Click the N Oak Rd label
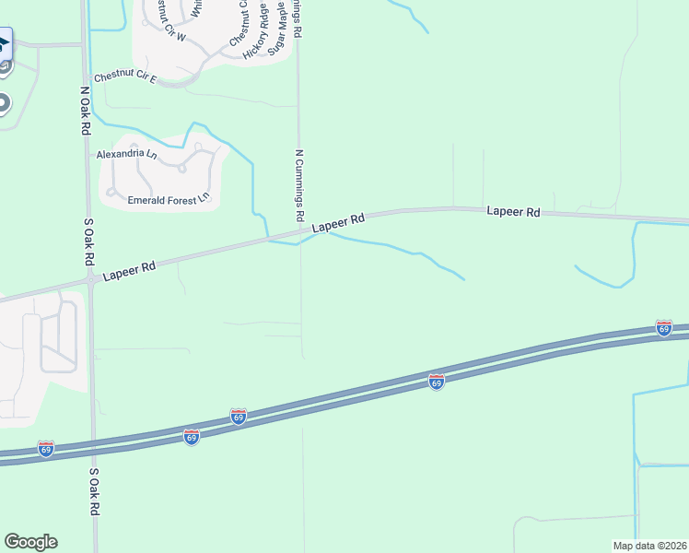tap(84, 109)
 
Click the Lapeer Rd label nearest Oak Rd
tap(129, 271)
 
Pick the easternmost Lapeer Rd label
tap(513, 212)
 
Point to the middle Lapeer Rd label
tap(338, 223)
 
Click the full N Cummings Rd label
tap(298, 184)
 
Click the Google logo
tap(30, 542)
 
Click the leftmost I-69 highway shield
tap(46, 449)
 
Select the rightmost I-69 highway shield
tap(663, 327)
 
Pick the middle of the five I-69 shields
tap(238, 417)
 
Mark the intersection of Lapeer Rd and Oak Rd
tap(90, 277)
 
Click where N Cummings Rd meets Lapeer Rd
tap(299, 235)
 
